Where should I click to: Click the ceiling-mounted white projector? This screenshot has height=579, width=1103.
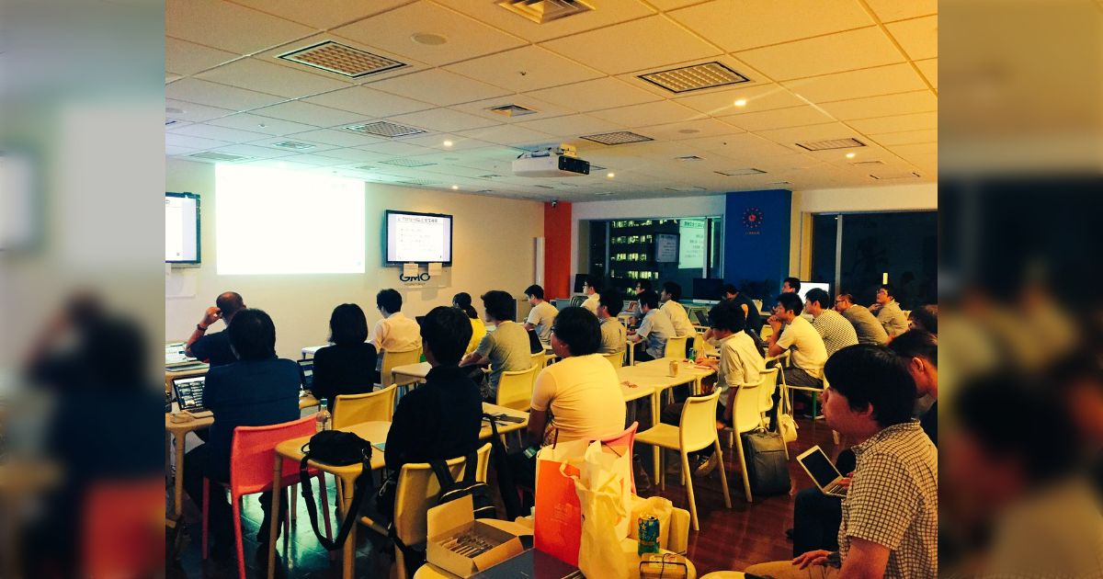551,164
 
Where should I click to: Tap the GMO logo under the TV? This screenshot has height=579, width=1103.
415,276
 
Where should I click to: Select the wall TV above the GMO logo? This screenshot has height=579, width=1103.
418,238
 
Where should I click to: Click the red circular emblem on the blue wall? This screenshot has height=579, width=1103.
752,218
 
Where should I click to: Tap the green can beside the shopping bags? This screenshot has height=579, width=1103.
648,534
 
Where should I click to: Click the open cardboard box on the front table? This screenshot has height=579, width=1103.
473,542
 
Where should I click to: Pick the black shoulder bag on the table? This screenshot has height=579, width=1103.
337,448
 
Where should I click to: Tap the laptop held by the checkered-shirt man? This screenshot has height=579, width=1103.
819,470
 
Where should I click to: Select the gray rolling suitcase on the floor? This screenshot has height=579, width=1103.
766,462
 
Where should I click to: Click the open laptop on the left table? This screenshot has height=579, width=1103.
190,392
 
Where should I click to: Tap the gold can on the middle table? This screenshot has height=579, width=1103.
674,368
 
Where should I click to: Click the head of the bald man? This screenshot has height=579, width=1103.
230,306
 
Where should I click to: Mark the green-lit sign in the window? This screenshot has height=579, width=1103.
691,244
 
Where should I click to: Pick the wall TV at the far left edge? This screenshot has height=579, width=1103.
182,228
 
